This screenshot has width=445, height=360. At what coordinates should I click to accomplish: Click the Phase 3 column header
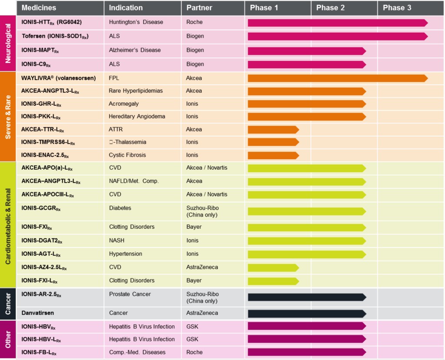[x=397, y=8]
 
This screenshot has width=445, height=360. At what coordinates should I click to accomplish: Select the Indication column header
[x=126, y=8]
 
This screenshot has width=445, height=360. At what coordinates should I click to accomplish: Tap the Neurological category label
[x=8, y=44]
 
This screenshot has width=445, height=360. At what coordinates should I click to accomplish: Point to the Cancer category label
[x=8, y=303]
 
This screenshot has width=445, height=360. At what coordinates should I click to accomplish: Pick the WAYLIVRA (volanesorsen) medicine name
[x=59, y=78]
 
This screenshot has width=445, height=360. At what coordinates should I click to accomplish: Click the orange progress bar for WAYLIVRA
[x=337, y=78]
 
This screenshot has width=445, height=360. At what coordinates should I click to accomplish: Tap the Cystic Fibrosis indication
[x=127, y=155]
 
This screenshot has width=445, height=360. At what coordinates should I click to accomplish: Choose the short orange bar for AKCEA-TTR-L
[x=273, y=130]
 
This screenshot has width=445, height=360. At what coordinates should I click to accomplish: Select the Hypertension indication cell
[x=126, y=254]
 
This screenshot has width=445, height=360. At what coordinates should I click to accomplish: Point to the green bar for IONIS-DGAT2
[x=306, y=240]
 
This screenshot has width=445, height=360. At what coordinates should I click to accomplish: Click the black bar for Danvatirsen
[x=306, y=313]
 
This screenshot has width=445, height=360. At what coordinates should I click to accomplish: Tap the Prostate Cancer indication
[x=130, y=294]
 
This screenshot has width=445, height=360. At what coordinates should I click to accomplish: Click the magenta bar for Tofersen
[x=337, y=37]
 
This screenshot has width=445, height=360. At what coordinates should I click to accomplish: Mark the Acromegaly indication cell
[x=125, y=104]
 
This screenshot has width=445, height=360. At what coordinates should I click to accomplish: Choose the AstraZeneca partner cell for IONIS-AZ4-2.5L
[x=202, y=267]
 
